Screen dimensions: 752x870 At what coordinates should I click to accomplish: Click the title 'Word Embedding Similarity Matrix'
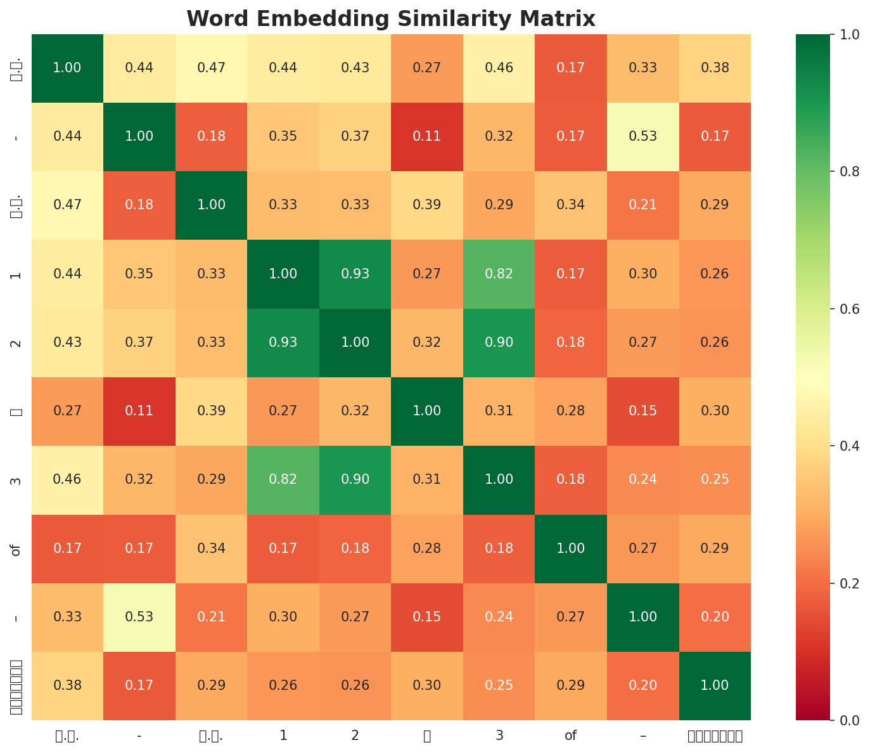pos(391,19)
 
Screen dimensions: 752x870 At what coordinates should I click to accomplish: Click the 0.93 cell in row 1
pos(355,274)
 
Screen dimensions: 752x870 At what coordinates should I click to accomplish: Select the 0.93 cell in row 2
pos(283,342)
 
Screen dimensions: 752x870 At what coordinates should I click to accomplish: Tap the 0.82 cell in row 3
pos(283,479)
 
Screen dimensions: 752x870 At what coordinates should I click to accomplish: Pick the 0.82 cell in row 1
pos(499,274)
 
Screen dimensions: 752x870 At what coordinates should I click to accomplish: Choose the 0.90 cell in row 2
pos(499,342)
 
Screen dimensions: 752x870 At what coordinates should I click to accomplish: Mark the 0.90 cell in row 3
pos(355,479)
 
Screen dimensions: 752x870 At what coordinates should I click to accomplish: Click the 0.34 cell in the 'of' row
pos(211,548)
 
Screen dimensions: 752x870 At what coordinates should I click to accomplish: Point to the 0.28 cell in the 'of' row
pos(427,548)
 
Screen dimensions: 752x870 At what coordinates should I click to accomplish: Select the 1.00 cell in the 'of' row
pos(571,548)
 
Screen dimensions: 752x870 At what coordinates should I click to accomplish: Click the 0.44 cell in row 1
pos(67,274)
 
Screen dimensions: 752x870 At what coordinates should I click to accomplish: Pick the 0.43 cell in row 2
pos(67,342)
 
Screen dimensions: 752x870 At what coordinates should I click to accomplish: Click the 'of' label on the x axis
pos(571,736)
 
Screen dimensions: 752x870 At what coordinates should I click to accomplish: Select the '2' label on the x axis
pos(355,736)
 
